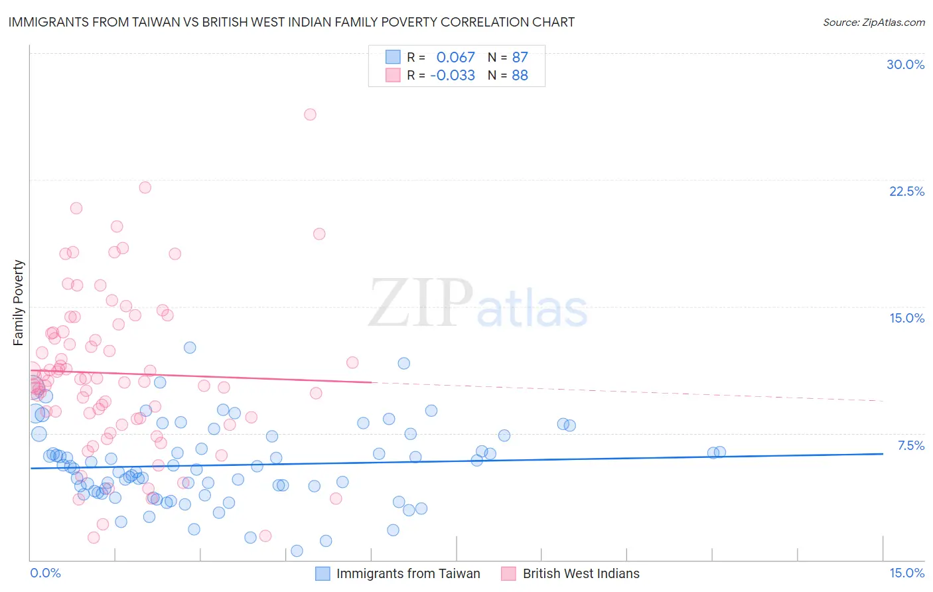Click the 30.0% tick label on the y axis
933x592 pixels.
tap(905, 64)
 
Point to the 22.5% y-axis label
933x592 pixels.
tap(906, 191)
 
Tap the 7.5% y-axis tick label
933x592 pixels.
tap(910, 445)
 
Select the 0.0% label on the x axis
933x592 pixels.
tap(45, 573)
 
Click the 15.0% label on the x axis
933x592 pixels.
tap(906, 573)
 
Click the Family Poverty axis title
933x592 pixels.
tap(18, 303)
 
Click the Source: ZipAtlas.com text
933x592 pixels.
tap(873, 22)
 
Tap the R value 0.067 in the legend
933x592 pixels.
tap(455, 58)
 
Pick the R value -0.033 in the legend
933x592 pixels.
tap(453, 76)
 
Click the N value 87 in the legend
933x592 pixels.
tap(520, 58)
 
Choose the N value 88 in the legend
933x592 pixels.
tap(520, 76)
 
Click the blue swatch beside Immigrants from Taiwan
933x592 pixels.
tap(323, 573)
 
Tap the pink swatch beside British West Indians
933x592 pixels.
tap(508, 573)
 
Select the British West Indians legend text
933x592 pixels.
tap(581, 573)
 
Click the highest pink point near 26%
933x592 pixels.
tap(310, 114)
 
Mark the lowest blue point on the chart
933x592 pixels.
tap(297, 551)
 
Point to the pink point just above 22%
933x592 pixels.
tap(145, 187)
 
